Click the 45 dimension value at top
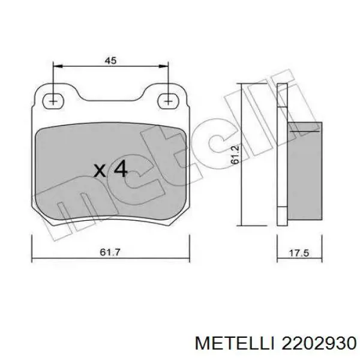(110, 60)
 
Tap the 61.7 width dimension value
(110, 254)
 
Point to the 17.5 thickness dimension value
(298, 254)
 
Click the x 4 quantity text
(111, 170)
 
